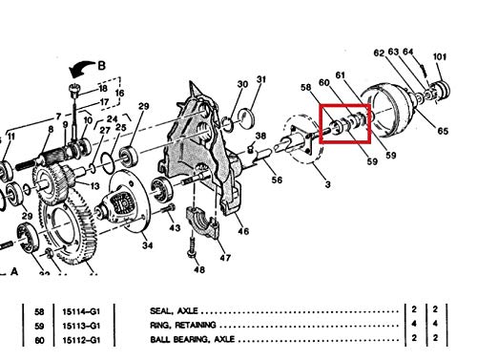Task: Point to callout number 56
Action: pyautogui.click(x=276, y=179)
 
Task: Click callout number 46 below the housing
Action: pyautogui.click(x=243, y=231)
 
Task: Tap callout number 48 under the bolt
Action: pyautogui.click(x=198, y=270)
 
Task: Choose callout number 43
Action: pyautogui.click(x=174, y=228)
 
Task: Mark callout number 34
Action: pyautogui.click(x=148, y=245)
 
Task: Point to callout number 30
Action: pyautogui.click(x=242, y=85)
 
